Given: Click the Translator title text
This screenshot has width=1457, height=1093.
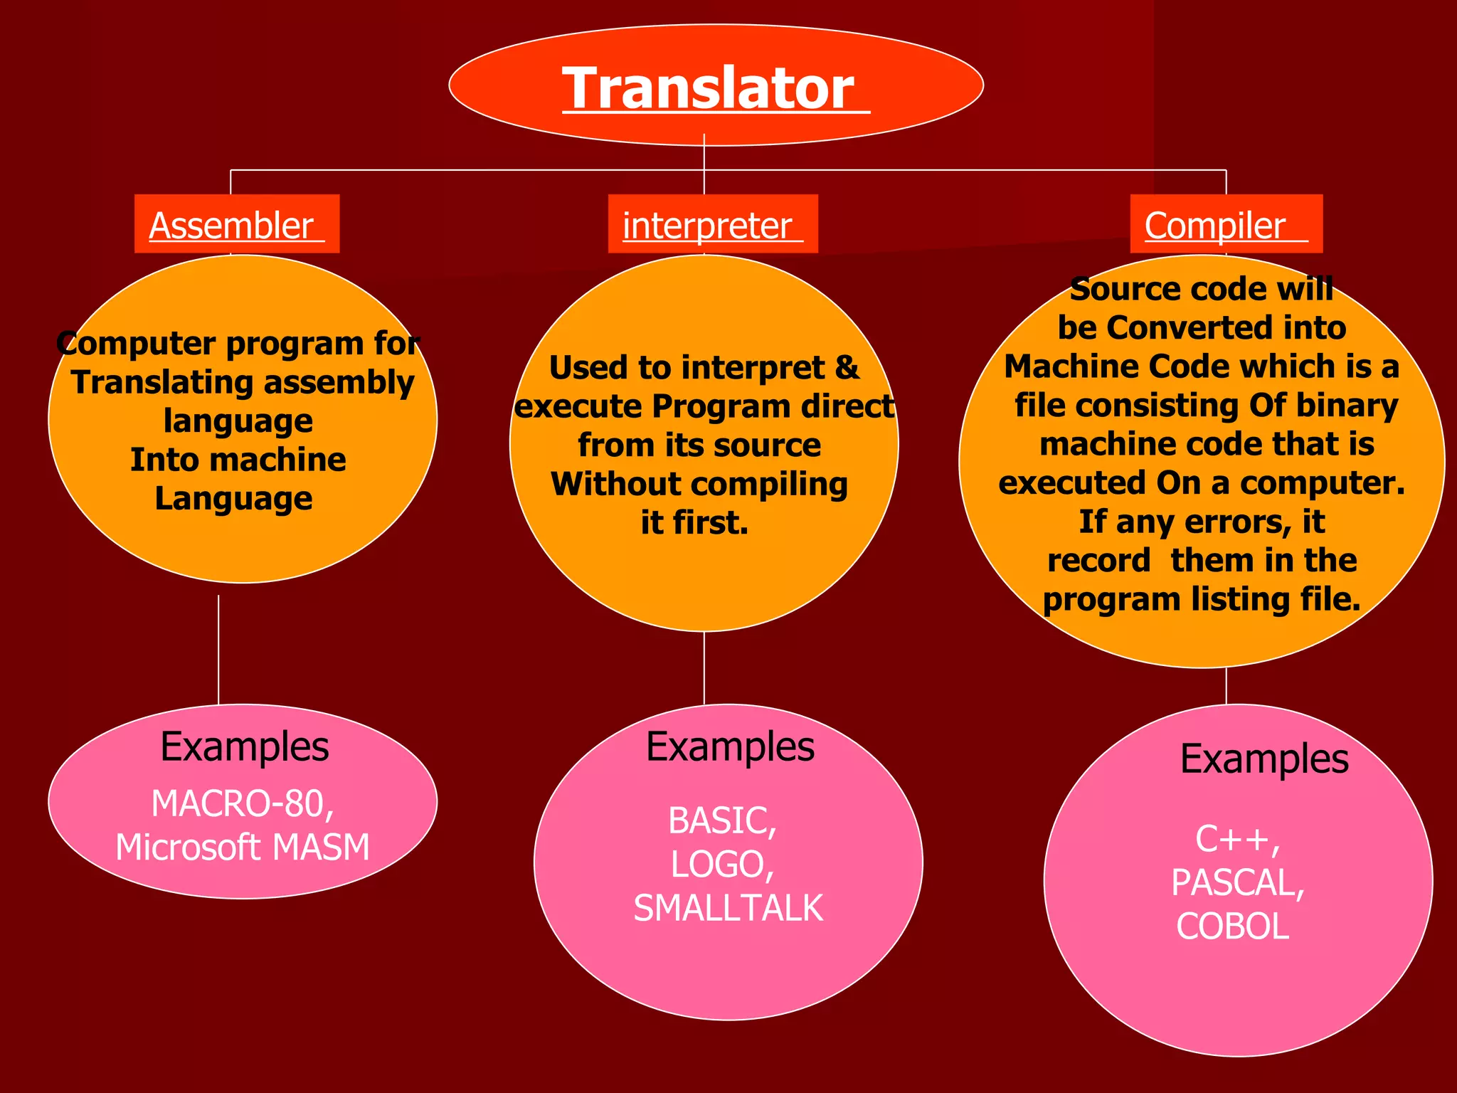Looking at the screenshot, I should pyautogui.click(x=708, y=88).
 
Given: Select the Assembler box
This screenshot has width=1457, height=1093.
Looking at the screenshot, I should pyautogui.click(x=237, y=224).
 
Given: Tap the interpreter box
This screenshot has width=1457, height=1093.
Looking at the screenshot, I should pyautogui.click(x=712, y=224).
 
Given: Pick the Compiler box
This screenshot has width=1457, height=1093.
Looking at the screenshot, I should pyautogui.click(x=1225, y=224).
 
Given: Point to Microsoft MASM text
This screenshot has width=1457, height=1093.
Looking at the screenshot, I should pyautogui.click(x=243, y=848).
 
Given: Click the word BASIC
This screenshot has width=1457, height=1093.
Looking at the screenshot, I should pyautogui.click(x=720, y=821).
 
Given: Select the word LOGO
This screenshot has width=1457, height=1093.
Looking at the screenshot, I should pyautogui.click(x=720, y=865).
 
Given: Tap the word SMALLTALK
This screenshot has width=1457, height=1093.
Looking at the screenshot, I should pyautogui.click(x=728, y=909).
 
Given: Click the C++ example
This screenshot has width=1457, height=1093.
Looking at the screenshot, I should pyautogui.click(x=1236, y=839).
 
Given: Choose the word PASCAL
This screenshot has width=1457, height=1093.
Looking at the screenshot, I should pyautogui.click(x=1236, y=883).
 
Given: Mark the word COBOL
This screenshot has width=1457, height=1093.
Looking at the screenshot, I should pyautogui.click(x=1232, y=926).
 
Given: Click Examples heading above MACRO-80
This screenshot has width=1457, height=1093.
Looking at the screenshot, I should pyautogui.click(x=244, y=747).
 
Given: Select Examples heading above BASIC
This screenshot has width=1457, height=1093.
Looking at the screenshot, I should pyautogui.click(x=730, y=747).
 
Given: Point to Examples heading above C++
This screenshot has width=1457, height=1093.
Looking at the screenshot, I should pyautogui.click(x=1263, y=759).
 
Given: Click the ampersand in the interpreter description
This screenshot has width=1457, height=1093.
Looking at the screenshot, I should pyautogui.click(x=847, y=368).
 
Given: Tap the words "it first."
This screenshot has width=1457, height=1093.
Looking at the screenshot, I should pyautogui.click(x=694, y=523).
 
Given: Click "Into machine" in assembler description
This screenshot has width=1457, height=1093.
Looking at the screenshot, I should pyautogui.click(x=238, y=460).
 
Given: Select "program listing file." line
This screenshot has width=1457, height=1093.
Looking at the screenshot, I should pyautogui.click(x=1201, y=599).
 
